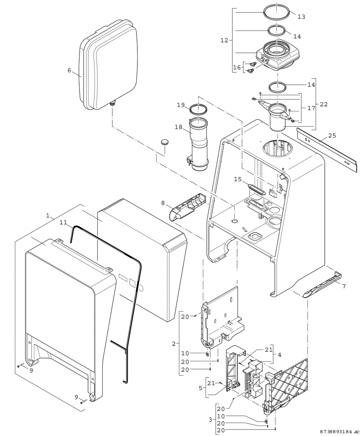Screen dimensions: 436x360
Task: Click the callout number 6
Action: click(x=69, y=70)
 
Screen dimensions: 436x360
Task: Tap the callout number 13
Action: click(x=301, y=17)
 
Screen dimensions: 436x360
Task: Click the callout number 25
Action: click(x=332, y=135)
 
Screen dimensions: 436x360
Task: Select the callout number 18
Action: click(x=179, y=127)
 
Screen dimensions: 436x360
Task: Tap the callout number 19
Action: click(x=180, y=105)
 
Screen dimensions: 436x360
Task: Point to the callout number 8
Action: click(x=163, y=203)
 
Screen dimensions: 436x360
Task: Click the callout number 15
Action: click(x=237, y=178)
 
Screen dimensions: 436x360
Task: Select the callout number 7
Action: click(x=344, y=286)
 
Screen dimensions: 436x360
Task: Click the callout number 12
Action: click(x=225, y=40)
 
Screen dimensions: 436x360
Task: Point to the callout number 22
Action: click(x=324, y=104)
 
